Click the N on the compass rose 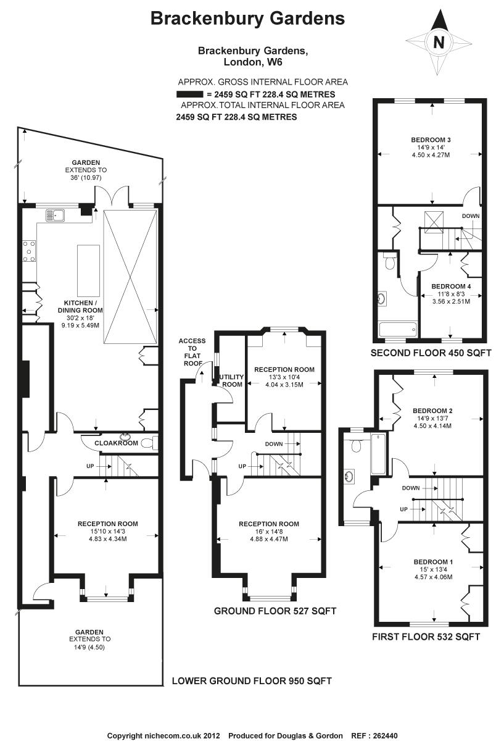pyautogui.click(x=439, y=42)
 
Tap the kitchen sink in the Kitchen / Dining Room pyautogui.click(x=56, y=215)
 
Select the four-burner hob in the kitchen pyautogui.click(x=29, y=251)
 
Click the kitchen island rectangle pyautogui.click(x=88, y=270)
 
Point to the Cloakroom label pyautogui.click(x=116, y=443)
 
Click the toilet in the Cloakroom pyautogui.click(x=150, y=443)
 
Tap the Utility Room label pyautogui.click(x=232, y=380)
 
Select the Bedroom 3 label pyautogui.click(x=431, y=140)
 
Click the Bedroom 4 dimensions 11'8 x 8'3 pyautogui.click(x=451, y=294)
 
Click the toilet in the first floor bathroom pyautogui.click(x=355, y=445)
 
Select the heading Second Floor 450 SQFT pyautogui.click(x=431, y=353)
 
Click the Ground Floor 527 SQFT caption pyautogui.click(x=275, y=611)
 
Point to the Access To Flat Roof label pyautogui.click(x=192, y=351)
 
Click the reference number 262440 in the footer pyautogui.click(x=385, y=735)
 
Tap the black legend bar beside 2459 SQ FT pyautogui.click(x=190, y=94)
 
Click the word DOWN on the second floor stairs pyautogui.click(x=470, y=216)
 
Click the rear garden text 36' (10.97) pyautogui.click(x=86, y=178)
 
